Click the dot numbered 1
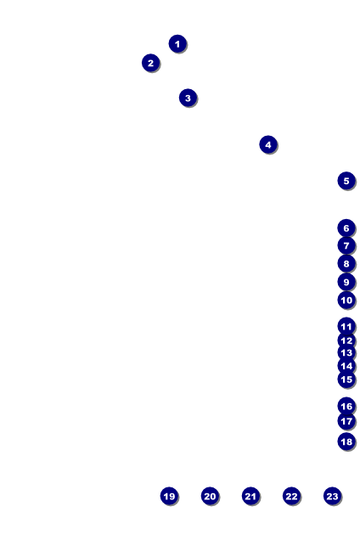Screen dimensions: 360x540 tap(177, 44)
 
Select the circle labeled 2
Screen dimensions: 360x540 tap(150, 63)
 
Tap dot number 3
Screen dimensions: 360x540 tap(188, 98)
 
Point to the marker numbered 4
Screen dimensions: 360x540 tap(268, 144)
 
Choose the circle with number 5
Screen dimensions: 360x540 tap(346, 181)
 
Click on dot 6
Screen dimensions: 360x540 tap(346, 228)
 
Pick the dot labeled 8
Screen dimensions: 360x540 tap(346, 263)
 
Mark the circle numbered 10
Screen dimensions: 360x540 tap(346, 300)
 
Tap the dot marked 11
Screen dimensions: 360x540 tap(346, 326)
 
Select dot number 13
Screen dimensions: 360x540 tap(346, 352)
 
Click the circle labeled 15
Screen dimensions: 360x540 tap(346, 380)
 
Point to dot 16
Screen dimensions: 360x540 tap(346, 406)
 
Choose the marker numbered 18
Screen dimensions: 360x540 tap(346, 442)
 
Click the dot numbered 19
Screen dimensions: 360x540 tap(169, 496)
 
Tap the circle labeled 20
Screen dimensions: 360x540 tap(210, 496)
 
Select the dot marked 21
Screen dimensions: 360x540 tap(250, 496)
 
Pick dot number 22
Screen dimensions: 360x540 tap(291, 496)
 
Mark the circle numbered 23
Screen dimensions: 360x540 tap(332, 496)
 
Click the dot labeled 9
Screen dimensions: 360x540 tap(346, 282)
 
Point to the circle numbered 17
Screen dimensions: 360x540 tap(346, 421)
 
